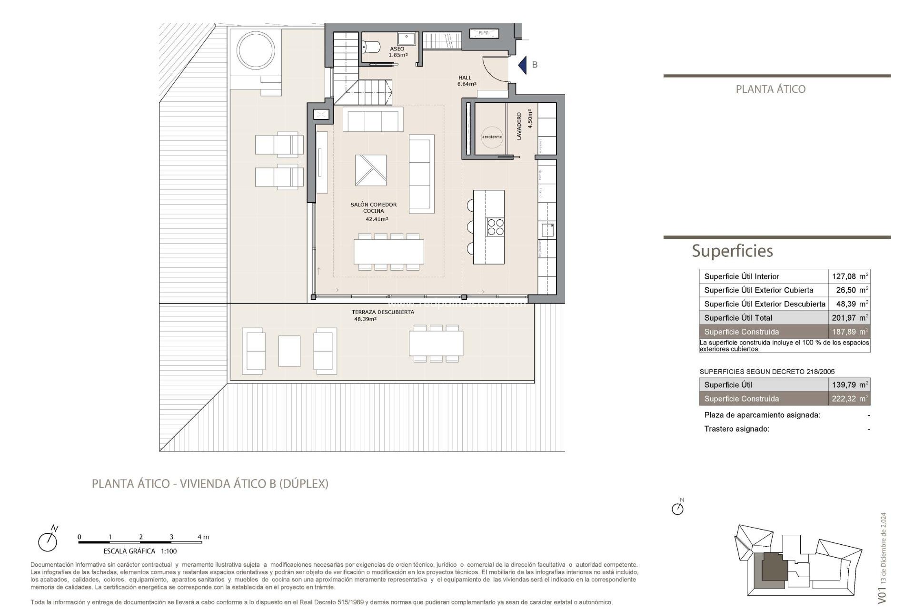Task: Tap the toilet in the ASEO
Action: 371,47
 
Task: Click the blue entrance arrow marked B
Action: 523,65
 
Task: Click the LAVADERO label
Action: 519,126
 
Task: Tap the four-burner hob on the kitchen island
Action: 495,226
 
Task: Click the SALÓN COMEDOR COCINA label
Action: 374,208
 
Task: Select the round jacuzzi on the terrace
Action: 256,50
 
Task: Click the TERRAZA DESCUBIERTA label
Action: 383,313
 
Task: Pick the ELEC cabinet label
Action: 484,33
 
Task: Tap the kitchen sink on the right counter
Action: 547,230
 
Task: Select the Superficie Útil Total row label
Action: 738,318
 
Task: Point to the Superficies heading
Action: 732,251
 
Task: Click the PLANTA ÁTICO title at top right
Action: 770,89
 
